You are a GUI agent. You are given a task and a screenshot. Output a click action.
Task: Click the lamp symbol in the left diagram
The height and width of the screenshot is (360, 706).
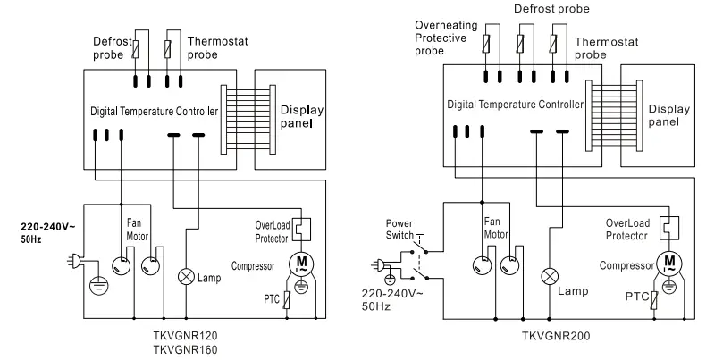click(x=186, y=275)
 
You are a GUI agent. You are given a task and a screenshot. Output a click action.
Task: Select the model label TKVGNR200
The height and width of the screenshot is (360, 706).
click(x=555, y=338)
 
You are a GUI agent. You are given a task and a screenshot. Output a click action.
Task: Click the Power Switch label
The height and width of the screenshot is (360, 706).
click(x=401, y=229)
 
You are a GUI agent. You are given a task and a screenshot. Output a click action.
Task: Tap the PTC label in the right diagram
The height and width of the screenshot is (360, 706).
click(x=635, y=296)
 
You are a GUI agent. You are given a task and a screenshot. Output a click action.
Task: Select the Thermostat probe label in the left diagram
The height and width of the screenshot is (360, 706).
click(x=214, y=48)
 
